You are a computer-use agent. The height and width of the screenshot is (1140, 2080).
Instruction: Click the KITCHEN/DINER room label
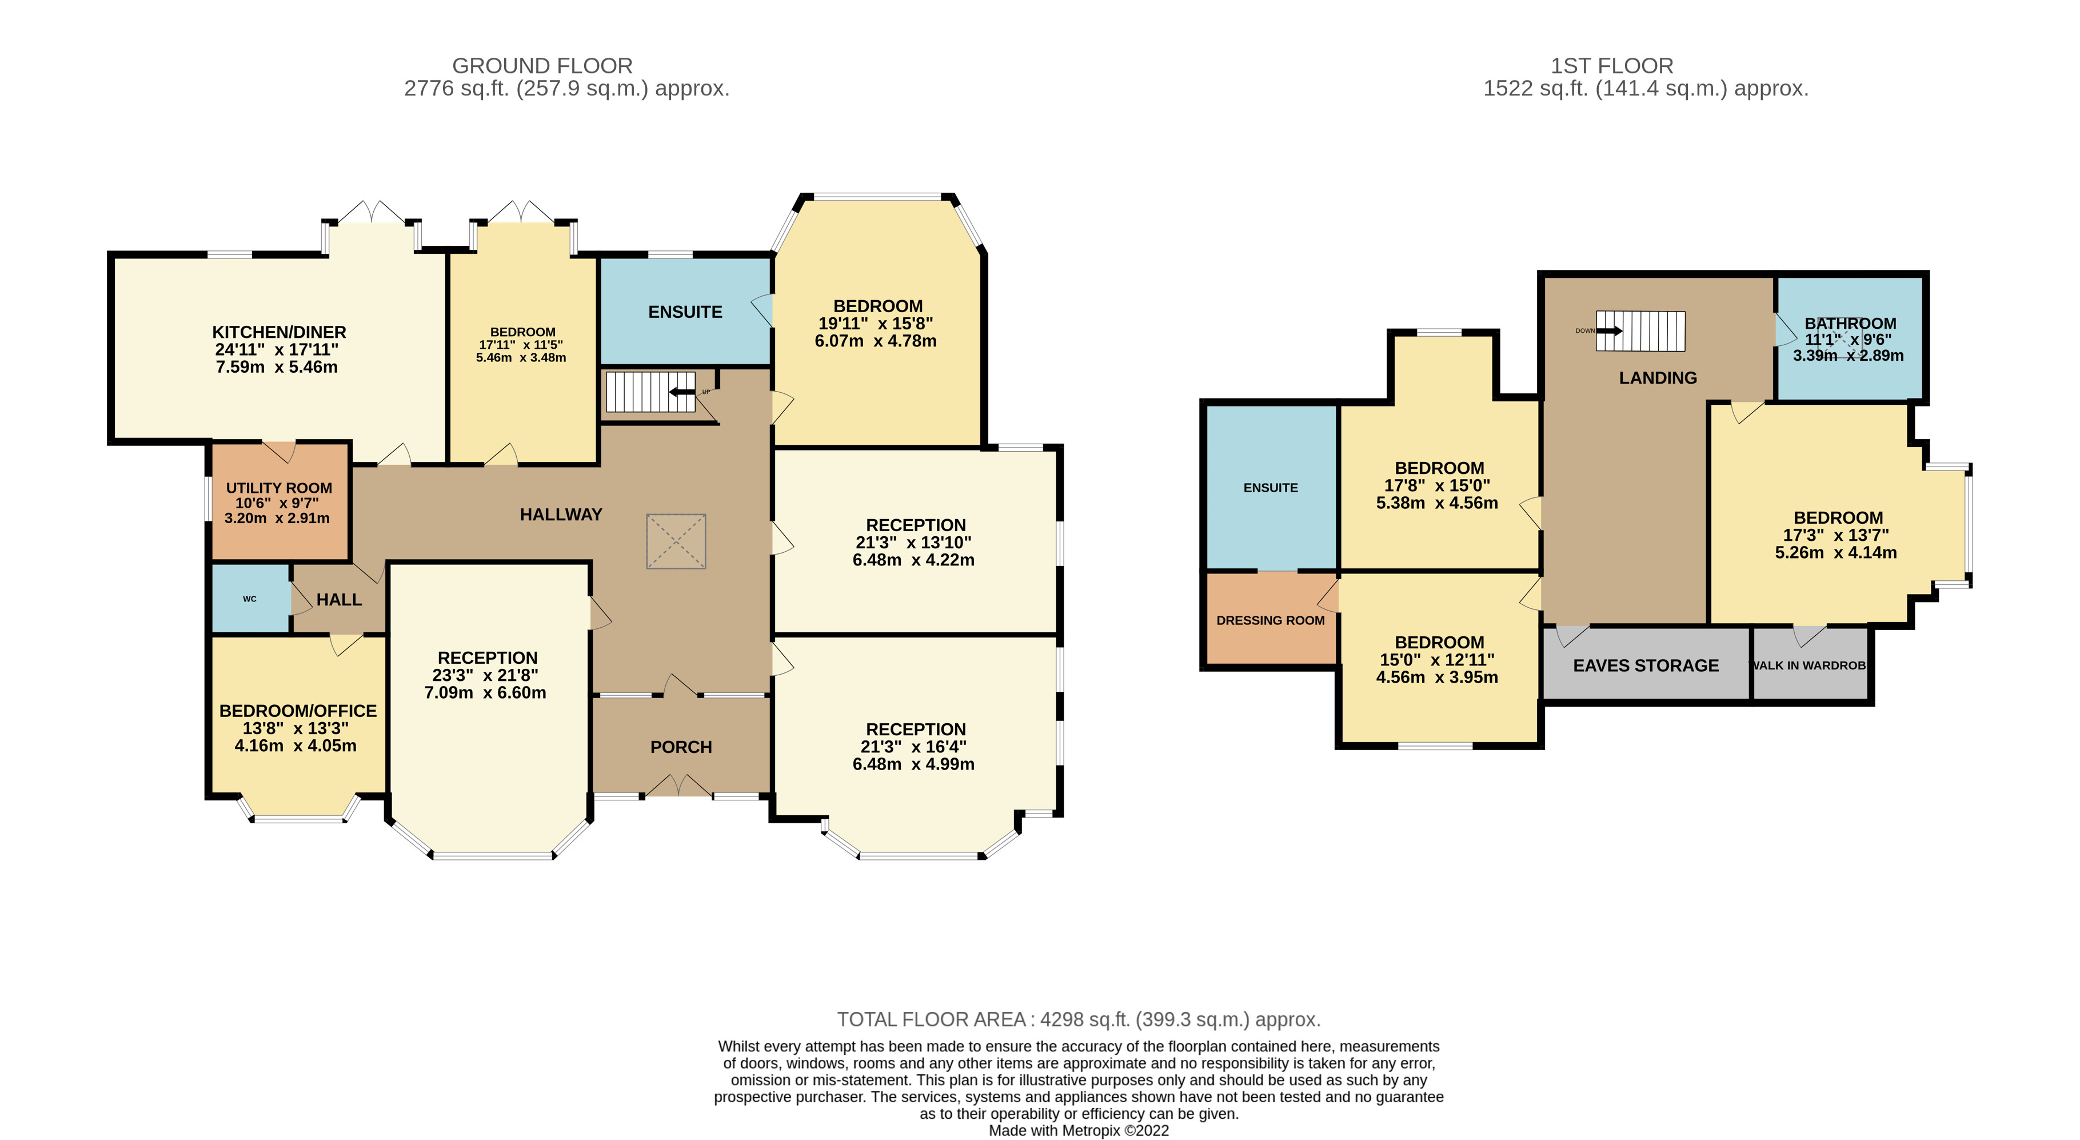point(278,332)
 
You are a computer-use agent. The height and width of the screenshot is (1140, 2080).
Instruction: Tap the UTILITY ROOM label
point(278,488)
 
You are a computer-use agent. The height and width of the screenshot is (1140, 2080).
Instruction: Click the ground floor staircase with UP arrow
point(650,392)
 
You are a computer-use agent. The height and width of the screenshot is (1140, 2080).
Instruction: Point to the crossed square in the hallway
point(676,541)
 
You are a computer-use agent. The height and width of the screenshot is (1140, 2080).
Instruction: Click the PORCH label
point(681,747)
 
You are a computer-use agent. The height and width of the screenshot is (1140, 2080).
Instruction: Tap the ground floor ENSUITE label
point(685,312)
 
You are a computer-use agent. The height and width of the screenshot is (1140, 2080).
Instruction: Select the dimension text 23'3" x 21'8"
point(487,675)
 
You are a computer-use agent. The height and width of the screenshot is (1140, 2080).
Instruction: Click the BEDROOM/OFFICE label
point(298,711)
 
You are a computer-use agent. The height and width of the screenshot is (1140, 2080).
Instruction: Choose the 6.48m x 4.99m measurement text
point(913,764)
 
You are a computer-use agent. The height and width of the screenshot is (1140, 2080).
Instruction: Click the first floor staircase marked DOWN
point(1640,331)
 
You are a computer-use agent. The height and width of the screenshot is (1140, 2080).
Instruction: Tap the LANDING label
point(1658,378)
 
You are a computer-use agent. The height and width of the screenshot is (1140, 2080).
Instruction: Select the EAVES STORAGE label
point(1646,665)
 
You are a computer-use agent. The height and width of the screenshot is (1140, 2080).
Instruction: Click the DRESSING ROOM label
point(1270,620)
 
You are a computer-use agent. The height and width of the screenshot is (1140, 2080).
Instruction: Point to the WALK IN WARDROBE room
point(1808,665)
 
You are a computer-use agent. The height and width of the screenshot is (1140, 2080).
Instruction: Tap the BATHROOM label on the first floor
point(1850,323)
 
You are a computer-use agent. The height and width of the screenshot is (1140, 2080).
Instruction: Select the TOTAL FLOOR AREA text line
point(1078,1020)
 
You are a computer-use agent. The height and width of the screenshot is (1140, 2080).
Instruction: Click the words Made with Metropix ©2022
point(1078,1130)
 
